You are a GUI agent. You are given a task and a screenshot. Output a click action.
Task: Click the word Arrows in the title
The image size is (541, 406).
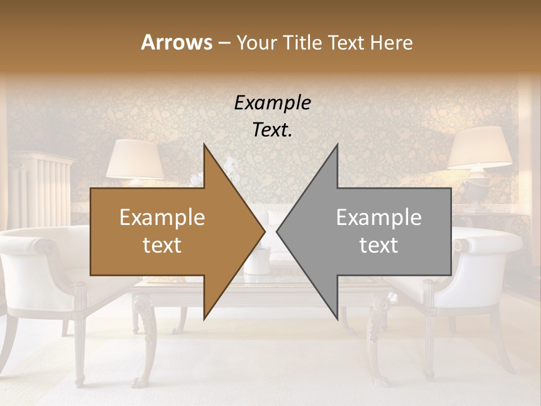pos(176,42)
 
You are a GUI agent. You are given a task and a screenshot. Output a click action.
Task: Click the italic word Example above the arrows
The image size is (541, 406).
pos(272,103)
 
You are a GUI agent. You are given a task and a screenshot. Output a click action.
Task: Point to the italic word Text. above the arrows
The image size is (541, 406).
pos(272,130)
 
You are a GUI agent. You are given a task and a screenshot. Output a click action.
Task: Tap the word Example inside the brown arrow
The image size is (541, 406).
pos(162,218)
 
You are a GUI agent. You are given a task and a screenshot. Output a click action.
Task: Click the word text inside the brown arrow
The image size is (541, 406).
pos(162,245)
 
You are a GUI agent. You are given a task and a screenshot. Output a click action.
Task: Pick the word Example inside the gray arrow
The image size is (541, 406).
pos(379,218)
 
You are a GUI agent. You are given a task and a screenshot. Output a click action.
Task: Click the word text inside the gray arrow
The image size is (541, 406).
pos(379,245)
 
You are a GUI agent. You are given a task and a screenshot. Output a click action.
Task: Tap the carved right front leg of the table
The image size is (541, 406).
pos(379,338)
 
